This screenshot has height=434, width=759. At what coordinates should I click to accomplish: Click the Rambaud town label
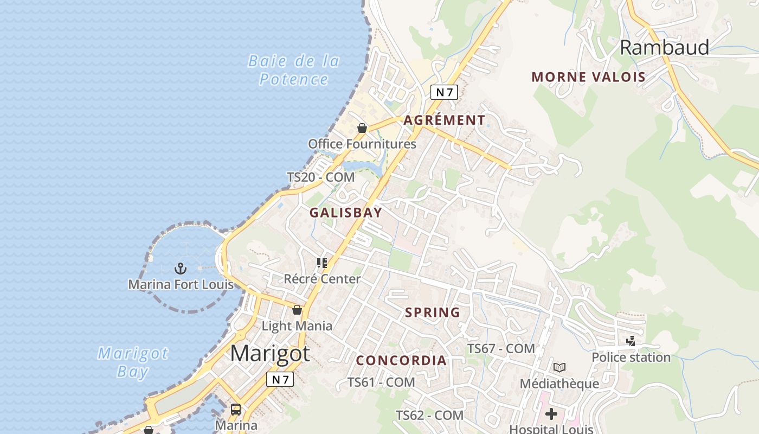pos(664,48)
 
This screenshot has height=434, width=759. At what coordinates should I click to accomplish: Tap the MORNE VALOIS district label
pos(589,77)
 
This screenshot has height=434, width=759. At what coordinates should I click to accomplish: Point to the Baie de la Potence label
pos(294,70)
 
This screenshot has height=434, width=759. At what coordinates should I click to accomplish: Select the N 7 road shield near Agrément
pos(444,92)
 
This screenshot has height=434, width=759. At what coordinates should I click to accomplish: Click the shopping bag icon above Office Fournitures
pos(362,128)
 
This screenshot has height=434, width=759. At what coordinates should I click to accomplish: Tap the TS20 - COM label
pos(320,177)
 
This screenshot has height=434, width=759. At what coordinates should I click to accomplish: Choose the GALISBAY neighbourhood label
pos(346,213)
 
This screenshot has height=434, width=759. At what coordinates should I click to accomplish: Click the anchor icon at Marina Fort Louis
pos(180,268)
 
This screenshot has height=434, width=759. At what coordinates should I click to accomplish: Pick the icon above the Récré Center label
pos(322,263)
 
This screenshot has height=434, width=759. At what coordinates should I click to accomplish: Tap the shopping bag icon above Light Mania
pos(297,310)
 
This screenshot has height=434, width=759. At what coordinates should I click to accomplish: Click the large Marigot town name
pos(270,353)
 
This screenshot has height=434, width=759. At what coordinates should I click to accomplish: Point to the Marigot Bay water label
pos(133,362)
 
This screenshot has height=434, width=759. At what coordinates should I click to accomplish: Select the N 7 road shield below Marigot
pos(280,379)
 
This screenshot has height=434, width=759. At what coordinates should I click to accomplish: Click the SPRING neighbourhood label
pos(433,312)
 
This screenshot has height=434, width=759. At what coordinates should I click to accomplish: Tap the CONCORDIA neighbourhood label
pos(401,360)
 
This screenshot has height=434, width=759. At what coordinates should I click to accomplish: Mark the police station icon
pos(631,341)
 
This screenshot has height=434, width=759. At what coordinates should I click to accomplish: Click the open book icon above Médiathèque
pos(559,367)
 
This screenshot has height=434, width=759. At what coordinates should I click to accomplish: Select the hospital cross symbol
pos(551,414)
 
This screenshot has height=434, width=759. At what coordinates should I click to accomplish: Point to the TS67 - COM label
pos(501,348)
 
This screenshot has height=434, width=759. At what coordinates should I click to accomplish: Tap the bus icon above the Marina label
pos(236,409)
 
